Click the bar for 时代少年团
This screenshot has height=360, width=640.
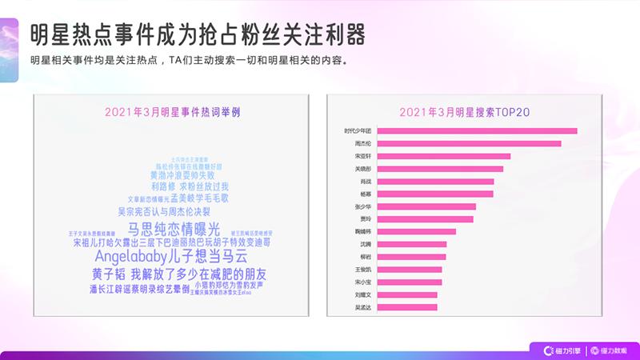click(476, 130)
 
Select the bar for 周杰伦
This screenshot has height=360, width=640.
click(469, 143)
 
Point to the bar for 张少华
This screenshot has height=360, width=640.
click(426, 206)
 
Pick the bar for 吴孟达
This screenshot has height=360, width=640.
click(406, 306)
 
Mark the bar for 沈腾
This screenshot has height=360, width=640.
click(411, 244)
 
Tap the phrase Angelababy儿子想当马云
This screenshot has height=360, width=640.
click(170, 257)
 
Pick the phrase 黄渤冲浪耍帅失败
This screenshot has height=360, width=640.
click(182, 174)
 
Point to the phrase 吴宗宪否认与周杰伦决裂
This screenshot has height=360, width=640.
click(164, 211)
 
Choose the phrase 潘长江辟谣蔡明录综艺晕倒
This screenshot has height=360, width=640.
click(139, 289)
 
